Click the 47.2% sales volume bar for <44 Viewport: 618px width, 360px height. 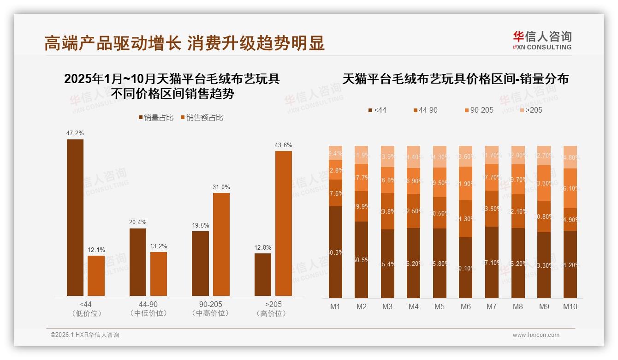(75, 217)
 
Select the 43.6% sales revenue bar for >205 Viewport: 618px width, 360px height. (284, 223)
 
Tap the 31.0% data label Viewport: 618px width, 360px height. (221, 187)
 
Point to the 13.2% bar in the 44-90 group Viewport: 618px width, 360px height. (159, 274)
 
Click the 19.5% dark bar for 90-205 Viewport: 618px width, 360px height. (200, 263)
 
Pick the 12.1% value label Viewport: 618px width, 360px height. (96, 250)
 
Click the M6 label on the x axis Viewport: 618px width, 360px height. (466, 306)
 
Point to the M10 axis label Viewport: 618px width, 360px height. (570, 306)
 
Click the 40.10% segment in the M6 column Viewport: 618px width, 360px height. (466, 268)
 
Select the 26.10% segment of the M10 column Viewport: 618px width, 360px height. (570, 188)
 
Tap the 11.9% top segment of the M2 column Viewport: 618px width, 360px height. (362, 155)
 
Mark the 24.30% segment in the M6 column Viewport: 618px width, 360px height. (466, 219)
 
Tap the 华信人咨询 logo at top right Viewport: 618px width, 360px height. (542, 40)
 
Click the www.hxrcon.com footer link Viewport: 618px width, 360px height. (536, 335)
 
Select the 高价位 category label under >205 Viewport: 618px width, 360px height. (273, 313)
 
